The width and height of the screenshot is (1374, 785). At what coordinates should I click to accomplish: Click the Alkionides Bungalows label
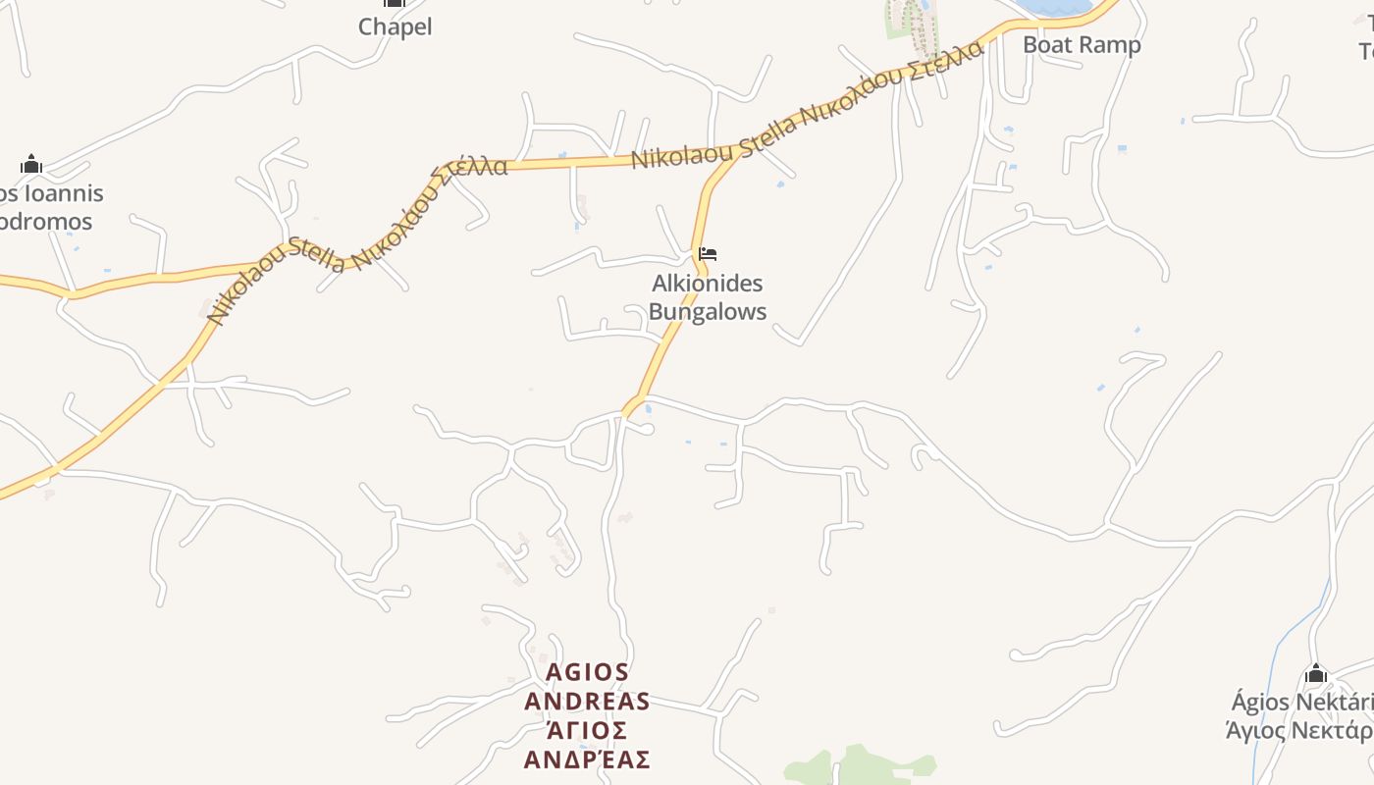[707, 297]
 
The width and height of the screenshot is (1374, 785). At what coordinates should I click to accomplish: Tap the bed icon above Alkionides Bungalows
[708, 254]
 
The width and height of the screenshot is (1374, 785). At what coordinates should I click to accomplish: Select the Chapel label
[395, 26]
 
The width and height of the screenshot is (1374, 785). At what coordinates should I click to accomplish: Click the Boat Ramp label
[1082, 44]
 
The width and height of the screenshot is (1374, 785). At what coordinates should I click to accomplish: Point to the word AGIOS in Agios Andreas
[587, 672]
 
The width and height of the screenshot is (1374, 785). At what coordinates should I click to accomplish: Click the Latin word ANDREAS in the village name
[587, 702]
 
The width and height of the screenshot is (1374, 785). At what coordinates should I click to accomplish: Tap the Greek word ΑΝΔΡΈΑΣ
[587, 760]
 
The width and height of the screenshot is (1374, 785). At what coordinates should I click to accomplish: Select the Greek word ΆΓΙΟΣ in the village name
[587, 731]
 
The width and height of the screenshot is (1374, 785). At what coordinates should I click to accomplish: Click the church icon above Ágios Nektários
[1316, 674]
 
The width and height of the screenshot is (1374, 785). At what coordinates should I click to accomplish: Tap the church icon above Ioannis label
[31, 164]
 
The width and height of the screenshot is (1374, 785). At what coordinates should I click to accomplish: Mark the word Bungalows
[707, 312]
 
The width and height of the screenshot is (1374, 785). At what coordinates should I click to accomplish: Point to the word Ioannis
[62, 193]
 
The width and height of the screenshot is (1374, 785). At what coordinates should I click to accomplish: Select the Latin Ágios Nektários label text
[1301, 703]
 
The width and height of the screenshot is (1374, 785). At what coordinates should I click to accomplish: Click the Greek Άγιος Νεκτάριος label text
[1299, 731]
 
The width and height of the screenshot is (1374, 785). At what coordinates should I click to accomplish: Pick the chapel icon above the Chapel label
[395, 3]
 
